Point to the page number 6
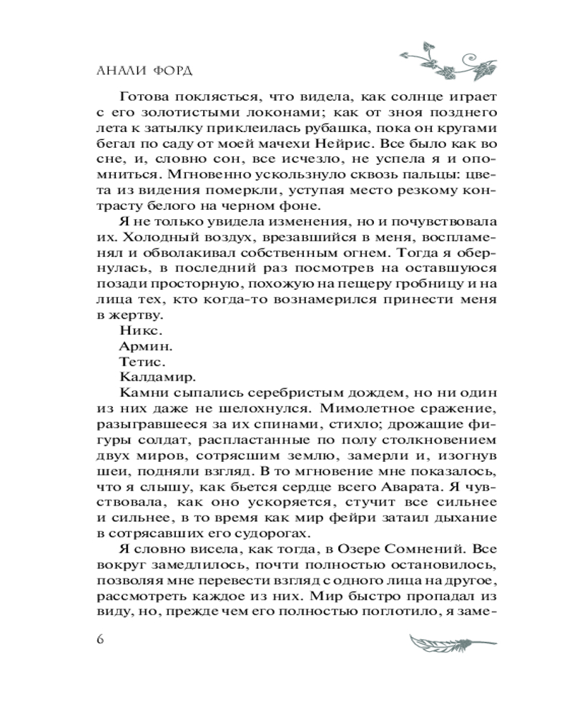click(100, 638)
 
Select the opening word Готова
click(148, 97)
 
